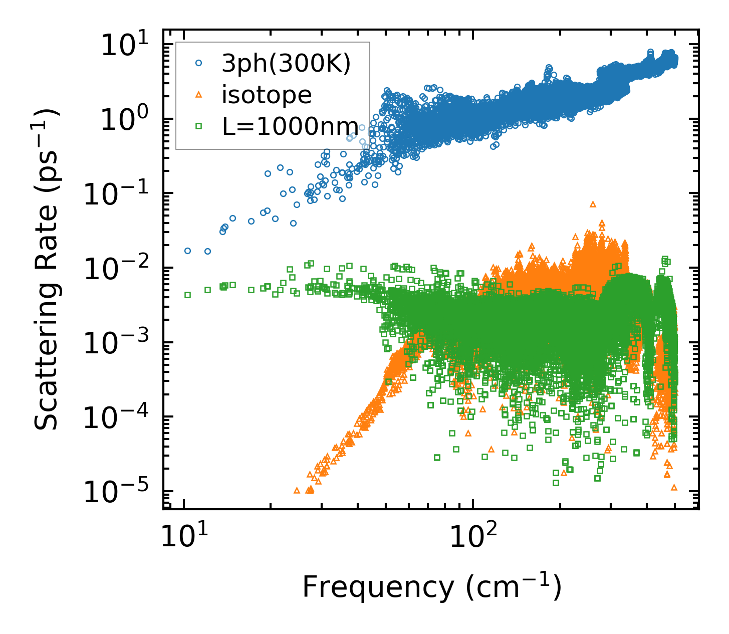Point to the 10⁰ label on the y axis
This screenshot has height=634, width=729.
(x=126, y=120)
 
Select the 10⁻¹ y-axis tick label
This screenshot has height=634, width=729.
(x=118, y=194)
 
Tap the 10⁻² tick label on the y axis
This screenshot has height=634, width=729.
(x=118, y=269)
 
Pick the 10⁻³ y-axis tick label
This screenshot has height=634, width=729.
(x=118, y=344)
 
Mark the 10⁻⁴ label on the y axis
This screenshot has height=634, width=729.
(x=118, y=418)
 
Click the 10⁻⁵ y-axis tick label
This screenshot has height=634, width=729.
(x=118, y=493)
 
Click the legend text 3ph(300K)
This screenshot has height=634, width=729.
(x=286, y=65)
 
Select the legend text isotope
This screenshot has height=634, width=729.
(x=267, y=95)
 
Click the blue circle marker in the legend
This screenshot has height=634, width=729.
(x=199, y=64)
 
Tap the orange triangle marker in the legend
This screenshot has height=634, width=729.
(x=199, y=95)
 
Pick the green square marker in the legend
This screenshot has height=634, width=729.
(x=199, y=126)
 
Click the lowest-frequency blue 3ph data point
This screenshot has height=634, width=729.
(x=188, y=251)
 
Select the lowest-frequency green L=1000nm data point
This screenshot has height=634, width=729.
(x=188, y=295)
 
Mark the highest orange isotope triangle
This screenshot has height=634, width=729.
(x=593, y=204)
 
